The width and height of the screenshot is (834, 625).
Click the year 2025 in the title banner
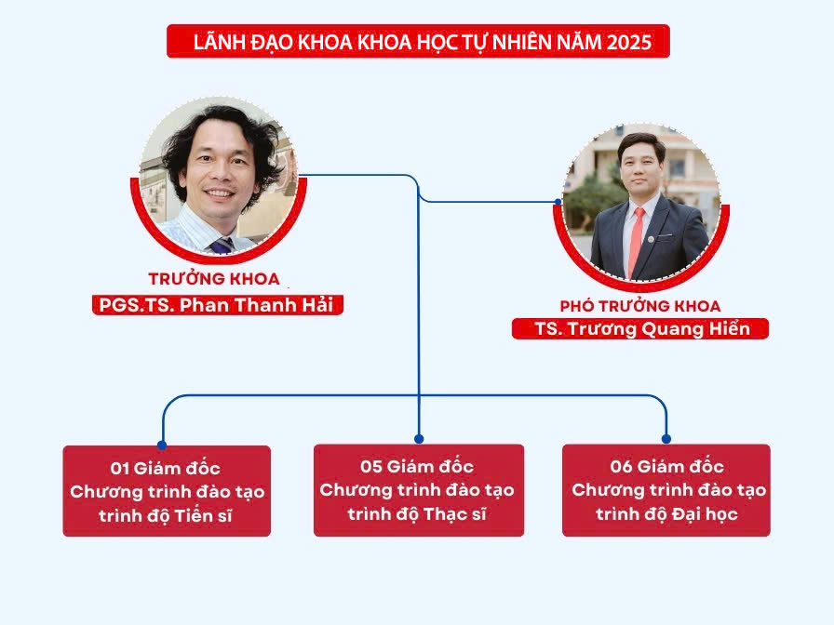pos(628,42)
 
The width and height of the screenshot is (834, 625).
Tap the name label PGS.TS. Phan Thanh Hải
pos(217,305)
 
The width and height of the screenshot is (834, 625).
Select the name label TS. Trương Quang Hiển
pos(640,329)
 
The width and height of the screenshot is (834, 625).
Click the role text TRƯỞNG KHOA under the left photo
pos(214,278)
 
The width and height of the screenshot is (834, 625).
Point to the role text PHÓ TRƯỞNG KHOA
pos(640,306)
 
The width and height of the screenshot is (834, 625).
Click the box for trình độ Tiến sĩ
pos(167,491)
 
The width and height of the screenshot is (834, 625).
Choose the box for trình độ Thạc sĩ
pos(419,490)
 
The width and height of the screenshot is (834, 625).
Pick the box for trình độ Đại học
pos(666,490)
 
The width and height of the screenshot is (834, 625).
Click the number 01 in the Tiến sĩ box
pos(120,468)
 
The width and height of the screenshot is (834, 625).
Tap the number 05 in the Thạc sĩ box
pos(371,467)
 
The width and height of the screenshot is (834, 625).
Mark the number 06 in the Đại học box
pos(621,467)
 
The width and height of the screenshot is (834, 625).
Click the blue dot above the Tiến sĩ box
pos(162,445)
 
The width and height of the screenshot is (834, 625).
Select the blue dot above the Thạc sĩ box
pos(419,439)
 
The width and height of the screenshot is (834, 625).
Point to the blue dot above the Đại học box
pos(666,439)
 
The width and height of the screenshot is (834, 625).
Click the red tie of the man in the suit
pos(636,241)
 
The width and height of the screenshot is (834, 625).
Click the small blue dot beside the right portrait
pos(558,202)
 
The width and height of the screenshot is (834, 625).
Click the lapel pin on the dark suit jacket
pos(651,239)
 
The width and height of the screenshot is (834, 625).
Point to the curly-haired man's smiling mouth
pos(220,193)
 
